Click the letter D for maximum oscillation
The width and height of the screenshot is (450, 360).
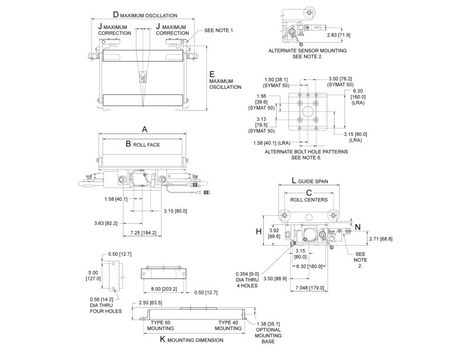115,15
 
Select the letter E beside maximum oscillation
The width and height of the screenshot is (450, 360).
212,74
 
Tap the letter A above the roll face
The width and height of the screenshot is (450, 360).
144,130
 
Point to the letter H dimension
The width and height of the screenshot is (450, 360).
258,232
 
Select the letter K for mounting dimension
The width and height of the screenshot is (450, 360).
162,340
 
